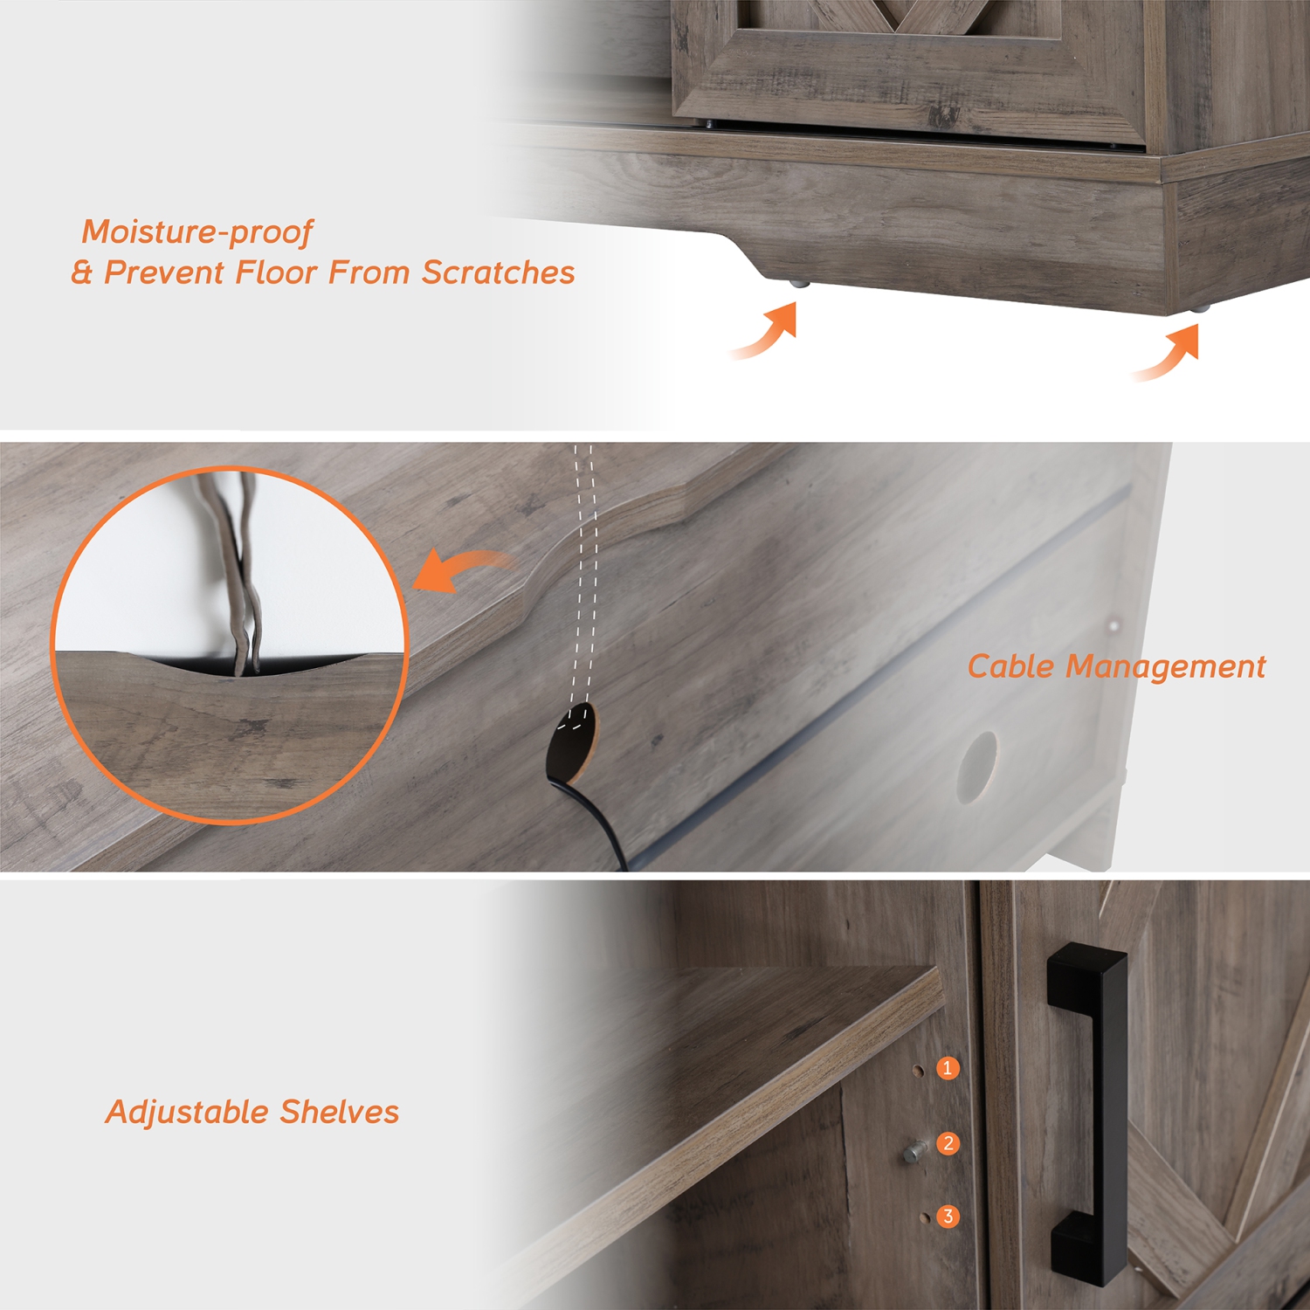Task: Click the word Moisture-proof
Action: coord(197,232)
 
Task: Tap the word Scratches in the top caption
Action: coord(498,273)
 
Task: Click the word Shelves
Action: coord(339,1113)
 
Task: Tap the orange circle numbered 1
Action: coord(948,1068)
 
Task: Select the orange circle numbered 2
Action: coord(948,1143)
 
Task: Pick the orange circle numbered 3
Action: coord(948,1217)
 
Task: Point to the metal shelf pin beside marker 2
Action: coord(914,1153)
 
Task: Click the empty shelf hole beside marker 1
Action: coord(918,1070)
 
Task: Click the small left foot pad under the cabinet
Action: coord(797,284)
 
